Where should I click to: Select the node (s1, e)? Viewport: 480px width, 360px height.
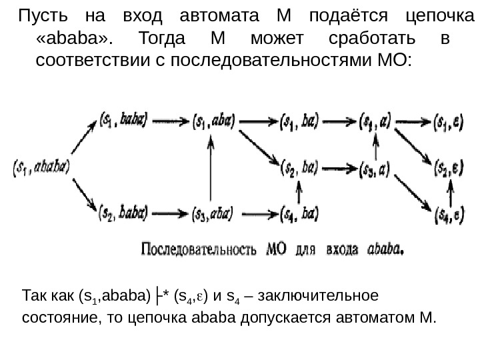[x=449, y=121]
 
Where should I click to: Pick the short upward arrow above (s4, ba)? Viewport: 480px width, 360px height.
[x=298, y=194]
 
